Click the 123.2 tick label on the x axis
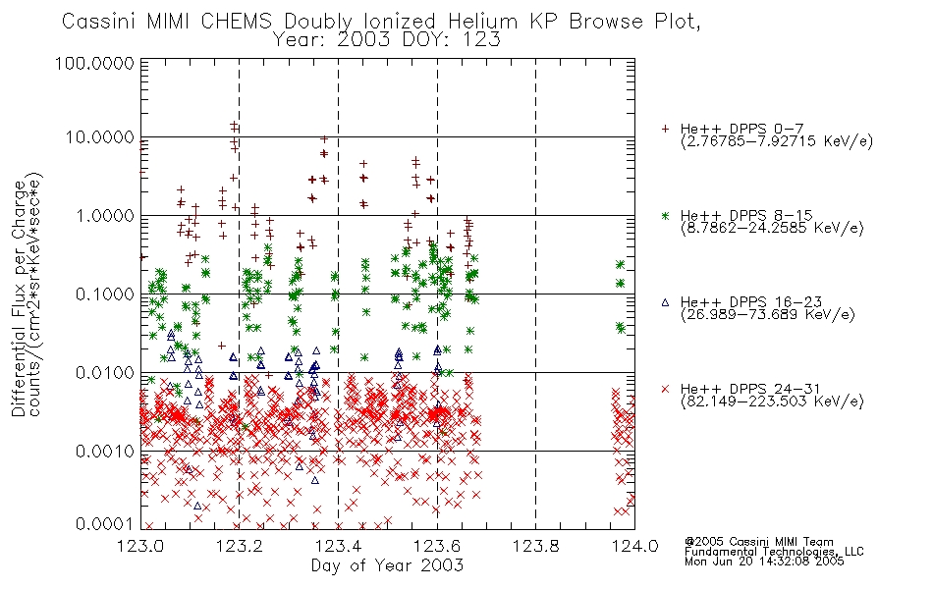coord(240,546)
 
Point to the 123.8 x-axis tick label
coord(535,546)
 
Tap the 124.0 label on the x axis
coord(634,546)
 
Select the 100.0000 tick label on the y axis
coord(94,63)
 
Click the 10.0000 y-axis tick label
coord(99,137)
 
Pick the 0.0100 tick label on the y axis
coord(105,373)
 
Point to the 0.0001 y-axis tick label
coord(105,524)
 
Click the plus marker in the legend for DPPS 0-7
coord(666,129)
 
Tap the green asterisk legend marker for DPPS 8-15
coord(666,215)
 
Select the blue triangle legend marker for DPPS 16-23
coord(666,302)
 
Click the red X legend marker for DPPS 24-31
coord(666,389)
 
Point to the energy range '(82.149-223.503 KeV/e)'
coord(772,402)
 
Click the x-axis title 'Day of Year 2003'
coord(387,565)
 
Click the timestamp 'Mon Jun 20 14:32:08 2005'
coord(764,562)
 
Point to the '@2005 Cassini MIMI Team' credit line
coord(759,542)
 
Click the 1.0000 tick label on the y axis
coord(105,216)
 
